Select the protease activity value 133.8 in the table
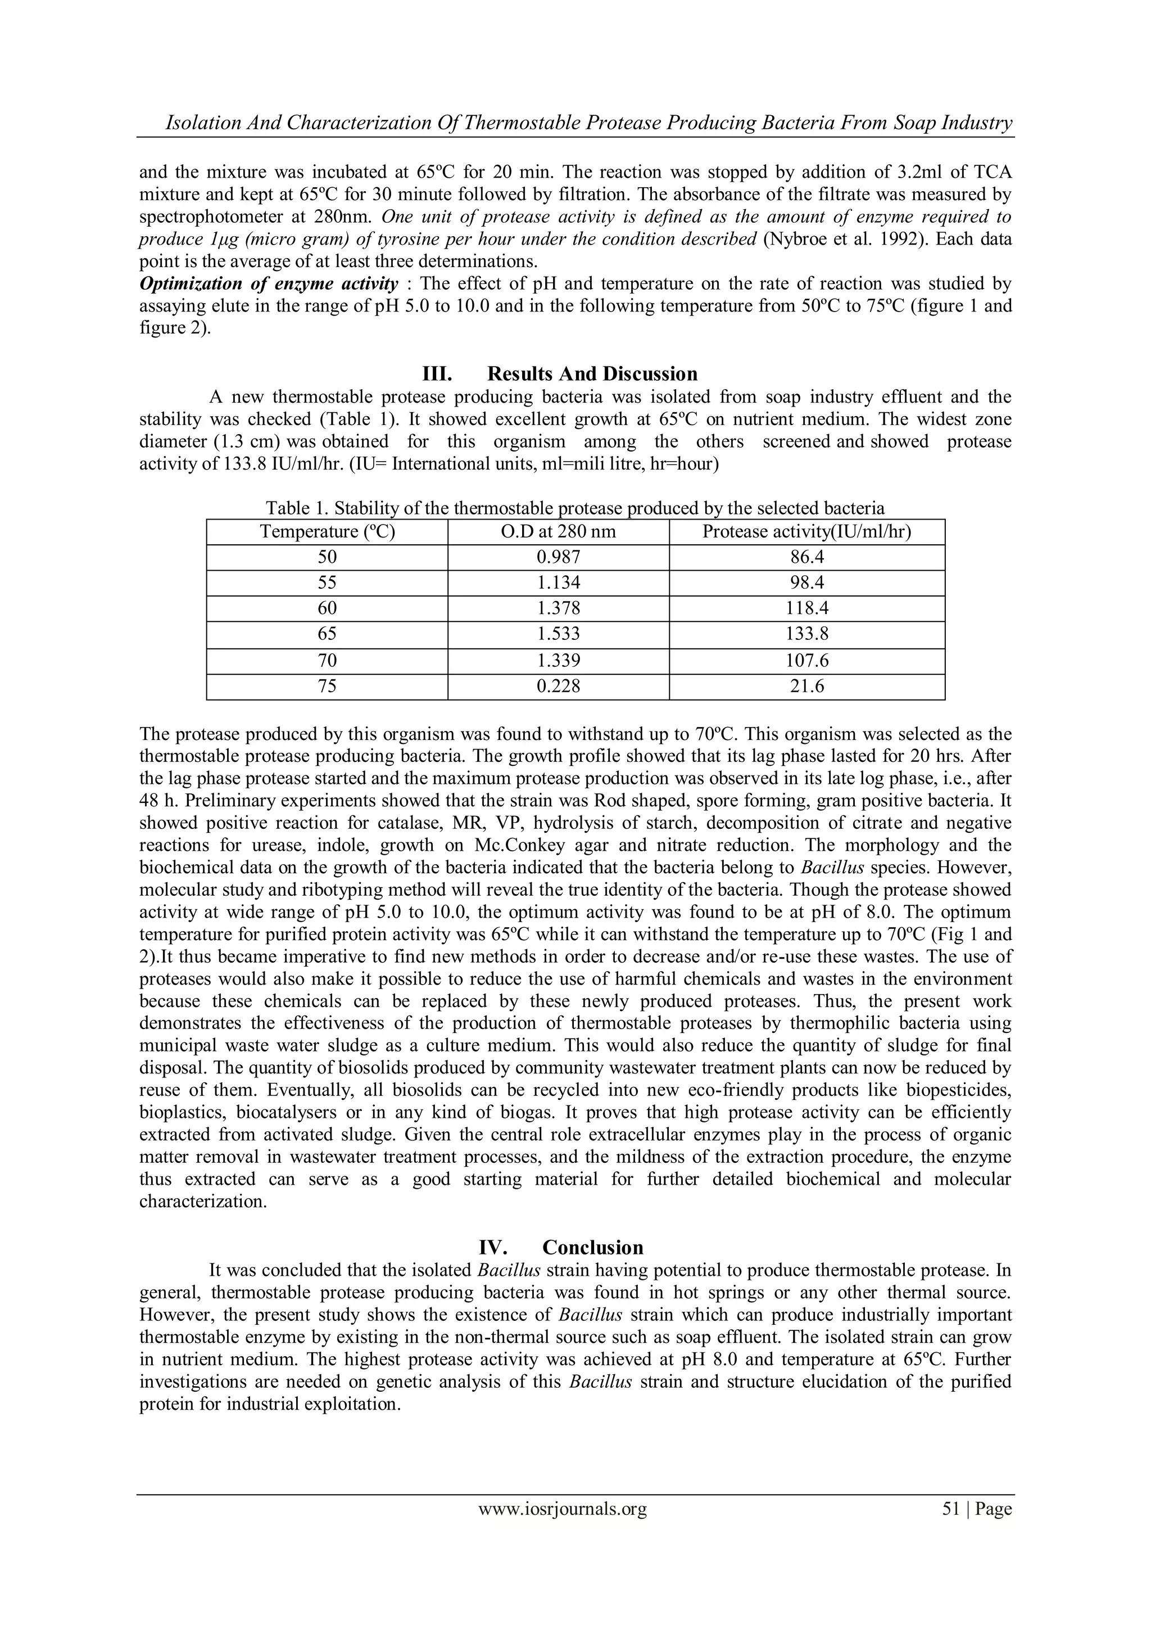point(807,634)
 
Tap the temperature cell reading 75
point(327,686)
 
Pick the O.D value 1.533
point(558,634)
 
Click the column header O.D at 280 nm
point(558,531)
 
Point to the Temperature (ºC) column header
point(327,531)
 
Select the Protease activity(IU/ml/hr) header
point(807,531)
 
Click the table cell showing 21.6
point(807,686)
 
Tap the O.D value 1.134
point(558,583)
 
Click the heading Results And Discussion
point(592,374)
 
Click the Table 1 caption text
point(575,508)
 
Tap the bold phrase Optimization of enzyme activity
point(269,285)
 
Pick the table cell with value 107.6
point(807,661)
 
